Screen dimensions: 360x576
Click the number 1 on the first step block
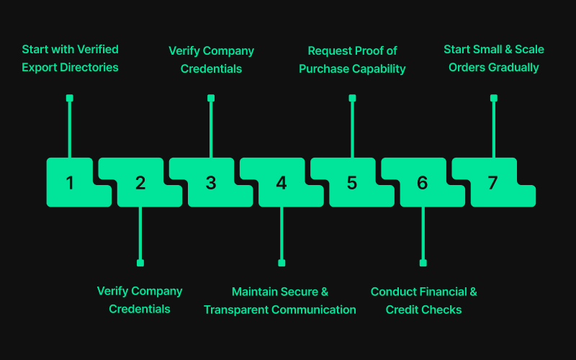pyautogui.click(x=70, y=183)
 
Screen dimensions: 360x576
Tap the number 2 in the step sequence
pyautogui.click(x=140, y=183)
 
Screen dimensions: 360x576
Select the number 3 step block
pyautogui.click(x=211, y=183)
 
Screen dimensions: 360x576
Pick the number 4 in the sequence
pyautogui.click(x=282, y=183)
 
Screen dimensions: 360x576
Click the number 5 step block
pyautogui.click(x=352, y=183)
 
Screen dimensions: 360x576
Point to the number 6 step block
pyautogui.click(x=423, y=183)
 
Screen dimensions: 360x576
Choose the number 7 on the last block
pyautogui.click(x=492, y=183)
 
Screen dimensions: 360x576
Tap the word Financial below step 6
pyautogui.click(x=441, y=292)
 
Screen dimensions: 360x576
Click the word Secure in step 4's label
pyautogui.click(x=300, y=292)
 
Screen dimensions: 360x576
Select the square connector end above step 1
pyautogui.click(x=70, y=98)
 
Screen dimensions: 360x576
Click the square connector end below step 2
pyautogui.click(x=140, y=263)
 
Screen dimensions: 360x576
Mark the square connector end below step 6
pyautogui.click(x=423, y=263)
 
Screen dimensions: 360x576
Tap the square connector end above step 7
pyautogui.click(x=493, y=98)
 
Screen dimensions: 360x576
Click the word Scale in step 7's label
pyautogui.click(x=529, y=50)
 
